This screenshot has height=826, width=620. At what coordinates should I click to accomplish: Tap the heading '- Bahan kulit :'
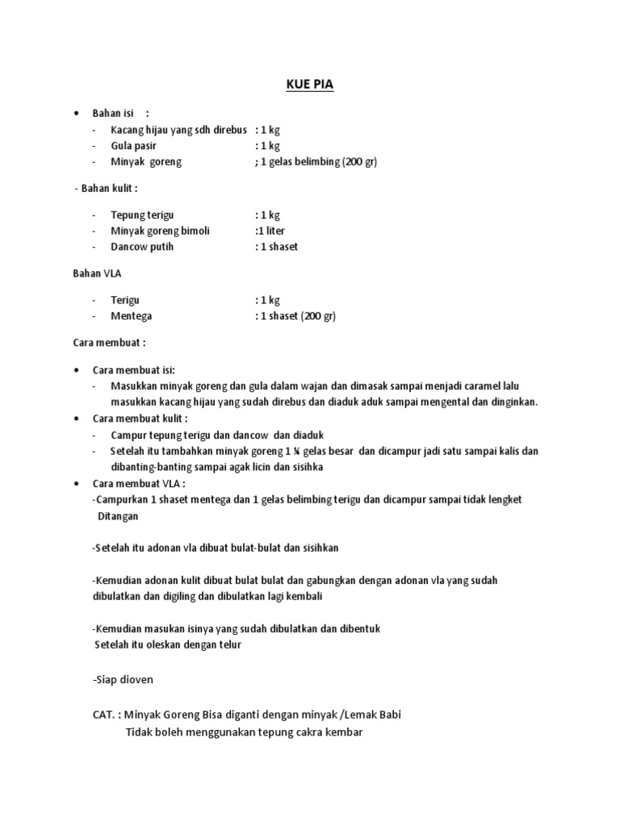tap(106, 188)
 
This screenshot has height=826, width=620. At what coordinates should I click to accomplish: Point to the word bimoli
tap(194, 231)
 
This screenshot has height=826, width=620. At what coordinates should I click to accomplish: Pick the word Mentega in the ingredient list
tap(132, 316)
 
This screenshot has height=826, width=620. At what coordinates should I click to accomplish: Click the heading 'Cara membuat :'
tap(109, 343)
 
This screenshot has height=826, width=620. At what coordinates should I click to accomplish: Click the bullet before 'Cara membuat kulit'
tap(75, 419)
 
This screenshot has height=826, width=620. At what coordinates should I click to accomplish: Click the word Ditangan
tap(118, 515)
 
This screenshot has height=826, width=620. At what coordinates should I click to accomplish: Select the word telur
tap(227, 645)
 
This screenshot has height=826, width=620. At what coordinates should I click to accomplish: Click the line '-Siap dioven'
tap(124, 680)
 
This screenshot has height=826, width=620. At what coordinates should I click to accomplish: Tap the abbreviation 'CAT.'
tap(107, 715)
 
